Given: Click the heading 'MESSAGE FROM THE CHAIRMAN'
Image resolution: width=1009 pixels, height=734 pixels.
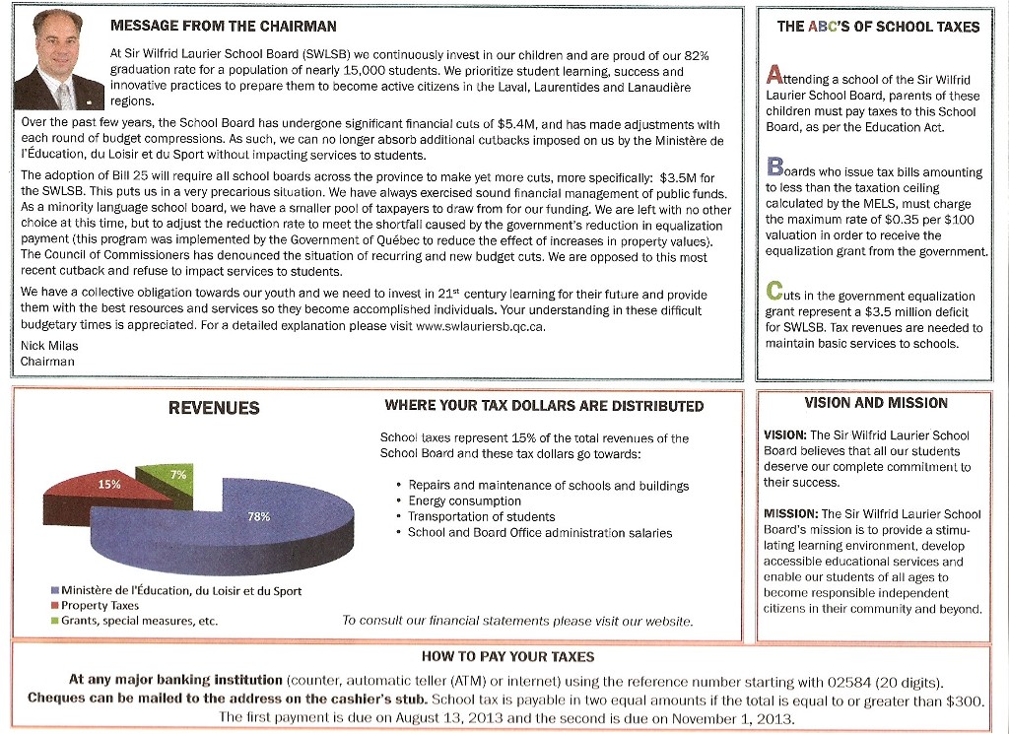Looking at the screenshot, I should pos(223,27).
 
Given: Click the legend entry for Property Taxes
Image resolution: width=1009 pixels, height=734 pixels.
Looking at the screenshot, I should pos(100,606).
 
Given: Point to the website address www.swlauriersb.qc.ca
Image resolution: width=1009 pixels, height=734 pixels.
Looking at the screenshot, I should pos(481,326).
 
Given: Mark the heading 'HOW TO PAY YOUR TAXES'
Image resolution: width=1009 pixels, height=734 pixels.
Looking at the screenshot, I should pos(507,656).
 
